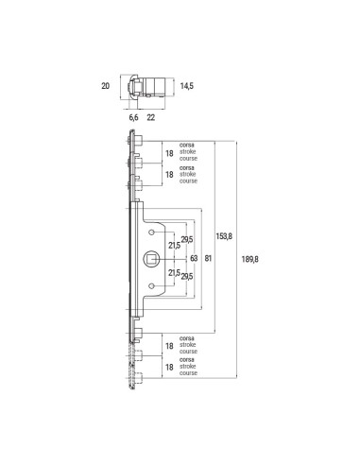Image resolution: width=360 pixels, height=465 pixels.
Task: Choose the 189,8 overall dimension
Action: pyautogui.click(x=251, y=257)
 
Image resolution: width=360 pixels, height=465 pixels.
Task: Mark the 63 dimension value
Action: pyautogui.click(x=193, y=257)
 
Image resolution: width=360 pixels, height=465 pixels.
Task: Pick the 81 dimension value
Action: pyautogui.click(x=209, y=257)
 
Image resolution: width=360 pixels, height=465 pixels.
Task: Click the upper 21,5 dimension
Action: pyautogui.click(x=174, y=246)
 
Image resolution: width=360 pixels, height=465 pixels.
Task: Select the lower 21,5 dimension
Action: pyautogui.click(x=174, y=271)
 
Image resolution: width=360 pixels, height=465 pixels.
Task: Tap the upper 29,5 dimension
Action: pyautogui.click(x=187, y=239)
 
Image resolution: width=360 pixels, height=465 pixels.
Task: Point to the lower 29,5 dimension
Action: pyautogui.click(x=187, y=276)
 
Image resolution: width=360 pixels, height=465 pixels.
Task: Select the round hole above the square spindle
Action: pyautogui.click(x=152, y=232)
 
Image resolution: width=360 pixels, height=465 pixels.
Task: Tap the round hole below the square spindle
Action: pyautogui.click(x=152, y=284)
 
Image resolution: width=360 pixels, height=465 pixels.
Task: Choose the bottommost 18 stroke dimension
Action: pyautogui.click(x=170, y=373)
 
